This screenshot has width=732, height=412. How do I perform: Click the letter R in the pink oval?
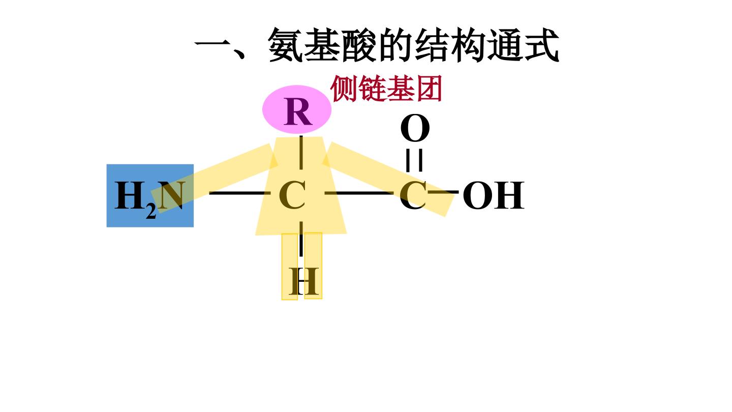click(x=298, y=111)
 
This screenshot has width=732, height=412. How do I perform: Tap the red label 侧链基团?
click(x=386, y=89)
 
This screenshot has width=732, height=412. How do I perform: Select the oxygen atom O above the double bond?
click(x=415, y=128)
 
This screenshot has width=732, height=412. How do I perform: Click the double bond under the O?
click(x=414, y=160)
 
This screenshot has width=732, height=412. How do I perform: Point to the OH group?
click(x=494, y=195)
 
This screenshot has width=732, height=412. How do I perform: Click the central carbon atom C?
click(x=292, y=195)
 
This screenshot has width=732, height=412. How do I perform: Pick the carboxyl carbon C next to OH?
click(x=413, y=195)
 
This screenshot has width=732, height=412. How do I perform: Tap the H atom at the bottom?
click(x=303, y=281)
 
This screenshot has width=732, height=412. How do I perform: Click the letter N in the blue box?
click(x=171, y=195)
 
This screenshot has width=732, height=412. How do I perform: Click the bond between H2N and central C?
click(x=239, y=193)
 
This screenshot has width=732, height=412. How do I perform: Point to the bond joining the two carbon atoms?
click(x=359, y=193)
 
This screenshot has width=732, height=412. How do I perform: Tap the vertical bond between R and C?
click(x=301, y=153)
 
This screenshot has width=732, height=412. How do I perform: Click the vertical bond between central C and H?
click(x=301, y=239)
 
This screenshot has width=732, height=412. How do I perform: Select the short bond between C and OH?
click(x=443, y=192)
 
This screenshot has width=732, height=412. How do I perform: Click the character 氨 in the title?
click(x=285, y=45)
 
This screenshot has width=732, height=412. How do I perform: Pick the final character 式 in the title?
click(x=541, y=45)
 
